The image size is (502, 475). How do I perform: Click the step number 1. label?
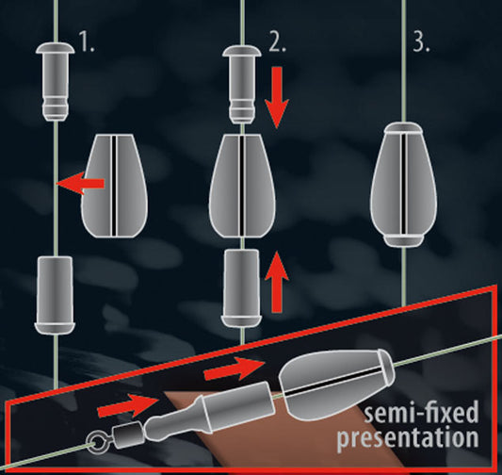click(87, 43)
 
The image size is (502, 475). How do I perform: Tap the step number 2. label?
click(277, 43)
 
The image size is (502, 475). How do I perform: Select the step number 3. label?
click(420, 43)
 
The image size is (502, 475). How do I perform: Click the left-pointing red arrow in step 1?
click(80, 183)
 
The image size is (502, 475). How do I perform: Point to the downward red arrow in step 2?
click(277, 98)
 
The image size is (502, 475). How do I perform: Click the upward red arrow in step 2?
click(277, 282)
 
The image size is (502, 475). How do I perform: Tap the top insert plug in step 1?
click(56, 82)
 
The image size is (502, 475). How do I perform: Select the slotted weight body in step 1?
click(114, 186)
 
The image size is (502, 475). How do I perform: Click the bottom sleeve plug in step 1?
click(55, 295)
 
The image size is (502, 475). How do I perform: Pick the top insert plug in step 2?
click(242, 84)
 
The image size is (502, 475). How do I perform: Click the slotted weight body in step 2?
click(242, 186)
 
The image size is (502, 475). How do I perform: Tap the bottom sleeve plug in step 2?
click(241, 288)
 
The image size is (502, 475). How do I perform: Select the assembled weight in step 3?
click(404, 185)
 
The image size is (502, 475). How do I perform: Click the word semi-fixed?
click(421, 413)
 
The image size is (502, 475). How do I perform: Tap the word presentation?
click(408, 437)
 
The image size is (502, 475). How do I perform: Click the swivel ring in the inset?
click(97, 443)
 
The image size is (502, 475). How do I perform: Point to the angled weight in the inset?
click(337, 382)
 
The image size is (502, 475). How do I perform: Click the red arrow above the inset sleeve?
click(235, 369)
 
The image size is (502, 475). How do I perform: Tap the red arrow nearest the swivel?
click(128, 405)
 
